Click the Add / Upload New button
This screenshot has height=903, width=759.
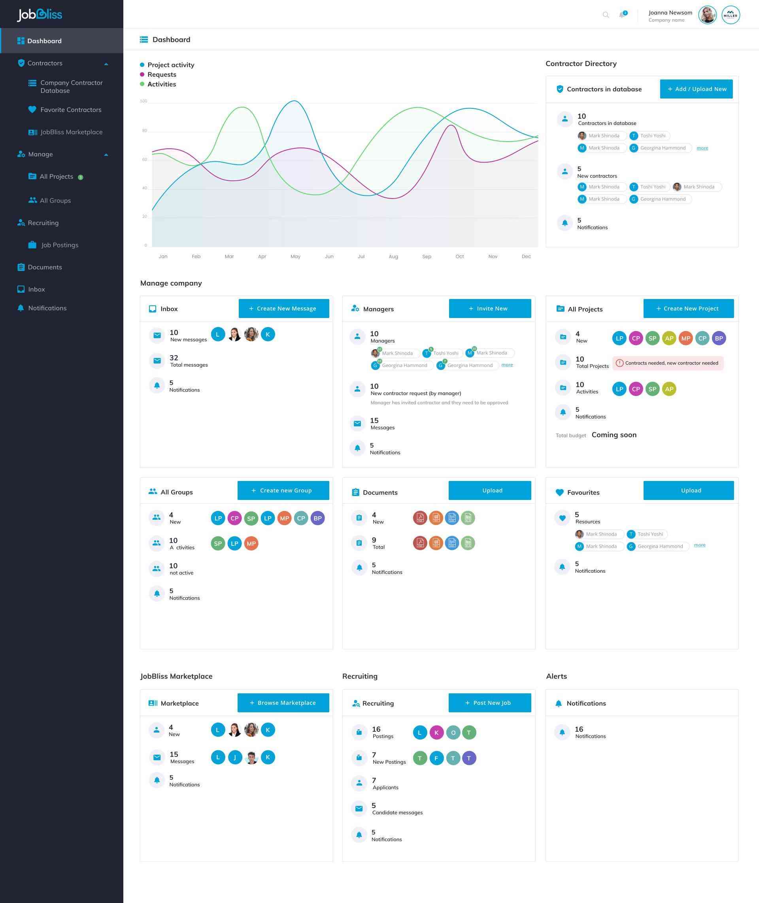[696, 89]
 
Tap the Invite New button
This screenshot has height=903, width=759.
[490, 309]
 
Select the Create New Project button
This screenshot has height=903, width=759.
[688, 309]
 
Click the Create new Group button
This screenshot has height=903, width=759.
[283, 490]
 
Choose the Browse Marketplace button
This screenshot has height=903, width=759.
[283, 702]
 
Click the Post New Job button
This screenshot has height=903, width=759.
[489, 702]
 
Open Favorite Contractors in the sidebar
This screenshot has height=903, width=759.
[71, 110]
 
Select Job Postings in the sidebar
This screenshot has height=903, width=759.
[59, 245]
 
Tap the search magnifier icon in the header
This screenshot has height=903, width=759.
[605, 15]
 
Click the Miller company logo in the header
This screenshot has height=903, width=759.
[730, 15]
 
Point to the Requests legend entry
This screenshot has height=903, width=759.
[161, 74]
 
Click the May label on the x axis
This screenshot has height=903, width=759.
[295, 257]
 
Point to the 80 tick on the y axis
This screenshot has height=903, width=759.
[145, 131]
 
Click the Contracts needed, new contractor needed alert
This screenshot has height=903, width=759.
[668, 363]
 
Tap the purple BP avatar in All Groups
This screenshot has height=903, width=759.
[317, 518]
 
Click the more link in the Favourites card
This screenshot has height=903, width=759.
[699, 545]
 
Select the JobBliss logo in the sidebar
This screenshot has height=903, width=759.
[40, 15]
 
